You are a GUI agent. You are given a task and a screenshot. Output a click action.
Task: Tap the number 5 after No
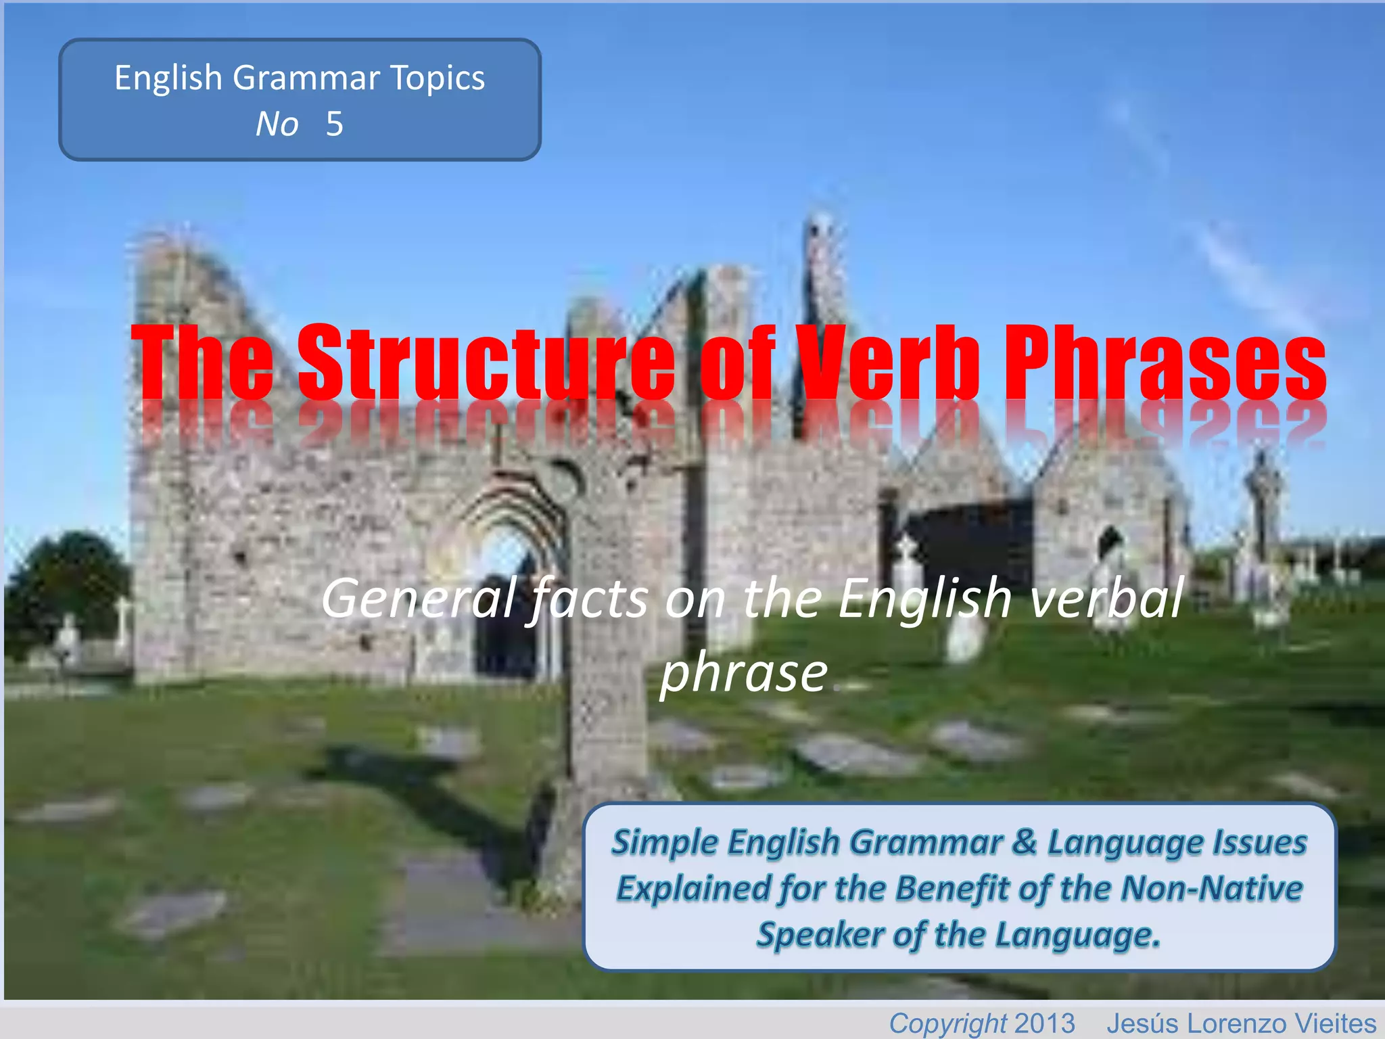tap(334, 124)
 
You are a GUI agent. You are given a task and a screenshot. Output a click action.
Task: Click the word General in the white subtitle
tap(419, 599)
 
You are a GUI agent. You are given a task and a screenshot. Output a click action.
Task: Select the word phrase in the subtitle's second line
tap(744, 673)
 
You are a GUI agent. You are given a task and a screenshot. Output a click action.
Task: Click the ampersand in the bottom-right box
tap(1025, 842)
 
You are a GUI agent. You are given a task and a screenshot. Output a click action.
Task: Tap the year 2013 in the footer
tap(1045, 1023)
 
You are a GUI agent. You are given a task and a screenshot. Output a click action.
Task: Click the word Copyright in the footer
tap(947, 1023)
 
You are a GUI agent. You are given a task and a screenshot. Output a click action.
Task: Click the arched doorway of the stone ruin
tap(507, 595)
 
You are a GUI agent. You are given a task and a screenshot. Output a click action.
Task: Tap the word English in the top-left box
tap(168, 78)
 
